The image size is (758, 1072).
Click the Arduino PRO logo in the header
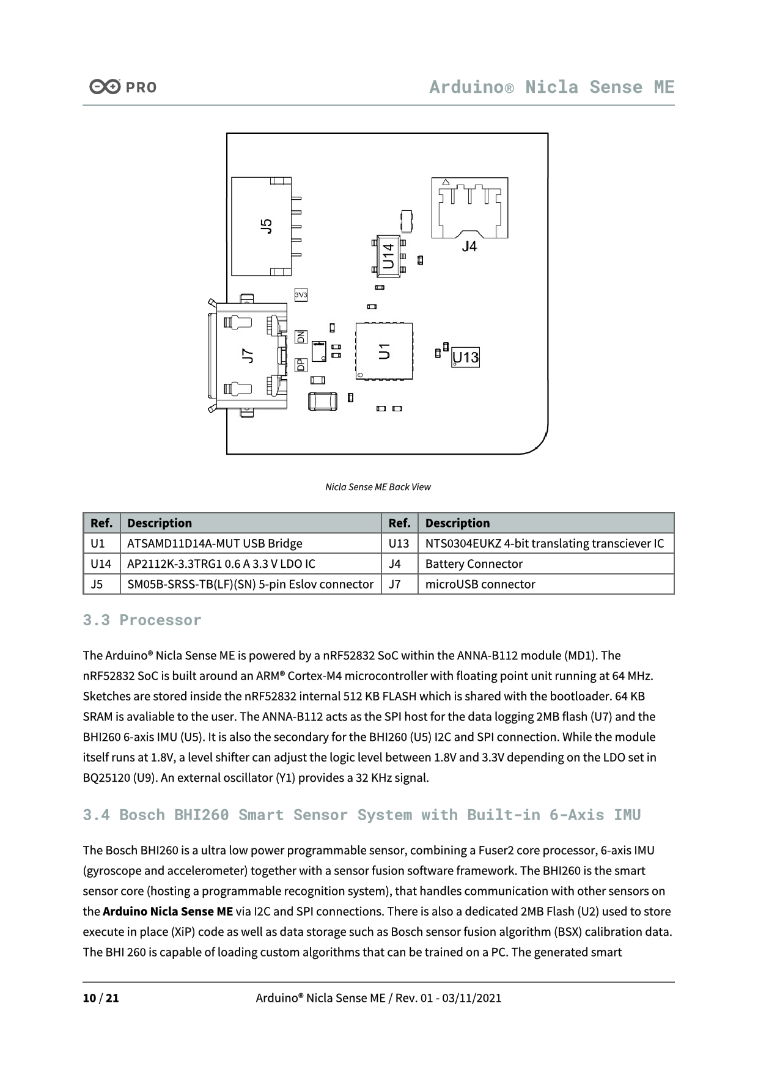[x=123, y=87]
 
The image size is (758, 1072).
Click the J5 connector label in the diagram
[x=266, y=226]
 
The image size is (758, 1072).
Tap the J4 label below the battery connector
[x=469, y=246]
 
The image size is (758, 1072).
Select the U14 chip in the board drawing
[x=388, y=256]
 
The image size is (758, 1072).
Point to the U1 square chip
[x=384, y=351]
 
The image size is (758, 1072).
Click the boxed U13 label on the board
[x=466, y=358]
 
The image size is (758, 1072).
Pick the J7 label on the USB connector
[x=248, y=356]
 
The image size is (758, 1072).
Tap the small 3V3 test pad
[x=301, y=295]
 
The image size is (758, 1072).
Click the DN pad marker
[x=301, y=337]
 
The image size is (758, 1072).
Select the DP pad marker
[x=301, y=365]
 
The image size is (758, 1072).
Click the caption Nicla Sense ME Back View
[x=378, y=487]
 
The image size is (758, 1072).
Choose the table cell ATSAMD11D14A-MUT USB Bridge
[x=215, y=543]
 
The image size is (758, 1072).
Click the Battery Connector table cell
[x=474, y=564]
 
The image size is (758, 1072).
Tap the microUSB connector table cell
[x=480, y=584]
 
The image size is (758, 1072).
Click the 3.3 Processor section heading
[x=142, y=620]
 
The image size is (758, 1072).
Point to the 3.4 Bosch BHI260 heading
[x=361, y=815]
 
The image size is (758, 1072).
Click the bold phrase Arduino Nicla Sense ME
[x=167, y=911]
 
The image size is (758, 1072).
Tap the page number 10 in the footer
[x=89, y=998]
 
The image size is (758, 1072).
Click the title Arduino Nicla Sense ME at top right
[x=551, y=87]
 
